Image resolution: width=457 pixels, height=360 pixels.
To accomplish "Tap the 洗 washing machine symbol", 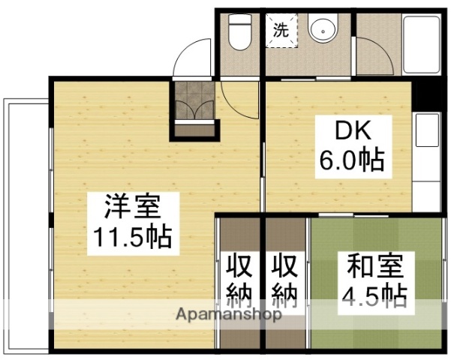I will point(281,31).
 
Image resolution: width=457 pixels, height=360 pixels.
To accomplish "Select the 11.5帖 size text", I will point(132,238).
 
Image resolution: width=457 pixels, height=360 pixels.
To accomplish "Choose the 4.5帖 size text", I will point(374,296).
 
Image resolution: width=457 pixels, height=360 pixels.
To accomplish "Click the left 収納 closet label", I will point(240,281).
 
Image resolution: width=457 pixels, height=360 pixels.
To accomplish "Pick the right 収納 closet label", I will point(285,281).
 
